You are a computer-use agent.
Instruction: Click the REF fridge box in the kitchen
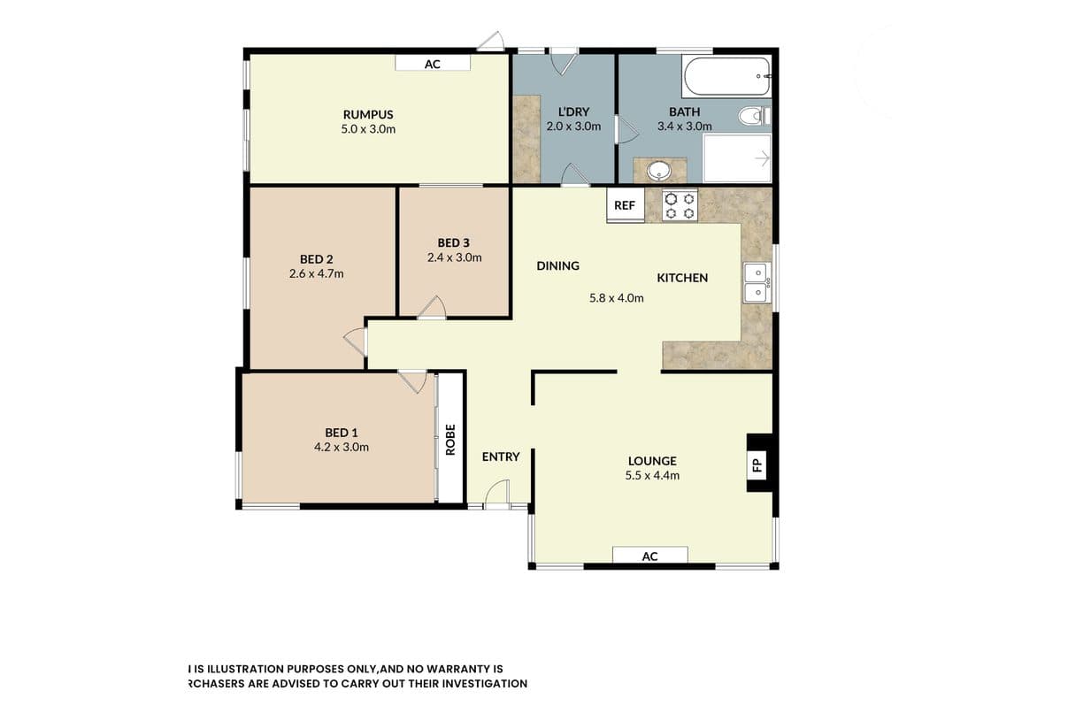[626, 205]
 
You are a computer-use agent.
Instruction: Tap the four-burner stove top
[680, 205]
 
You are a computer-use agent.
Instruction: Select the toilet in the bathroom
[754, 116]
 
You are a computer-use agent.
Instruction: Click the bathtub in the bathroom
[726, 76]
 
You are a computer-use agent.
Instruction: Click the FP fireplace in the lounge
[759, 464]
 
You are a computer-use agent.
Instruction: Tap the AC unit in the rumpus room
[433, 64]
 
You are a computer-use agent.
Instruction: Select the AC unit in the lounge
[650, 556]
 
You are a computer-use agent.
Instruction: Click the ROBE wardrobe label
[450, 439]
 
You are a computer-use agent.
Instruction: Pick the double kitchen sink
[757, 282]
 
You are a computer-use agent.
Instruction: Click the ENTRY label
[501, 457]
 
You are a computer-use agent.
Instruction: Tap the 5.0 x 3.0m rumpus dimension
[368, 129]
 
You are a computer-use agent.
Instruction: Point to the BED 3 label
[454, 242]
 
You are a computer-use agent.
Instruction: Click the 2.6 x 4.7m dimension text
[317, 273]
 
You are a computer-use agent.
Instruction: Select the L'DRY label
[574, 111]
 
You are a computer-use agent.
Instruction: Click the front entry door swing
[497, 494]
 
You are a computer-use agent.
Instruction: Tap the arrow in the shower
[763, 158]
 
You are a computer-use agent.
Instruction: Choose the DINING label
[558, 265]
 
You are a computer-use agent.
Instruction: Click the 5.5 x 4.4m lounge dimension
[652, 475]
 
